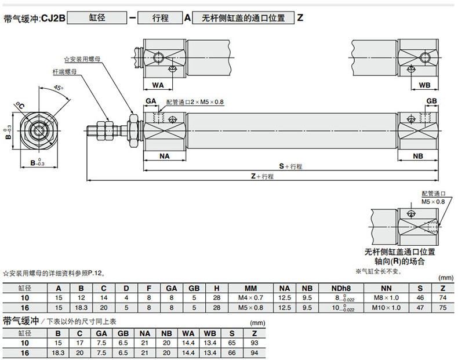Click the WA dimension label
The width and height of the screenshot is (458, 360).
(158, 85)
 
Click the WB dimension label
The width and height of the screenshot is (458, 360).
(424, 85)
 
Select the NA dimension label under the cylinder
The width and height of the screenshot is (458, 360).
(165, 156)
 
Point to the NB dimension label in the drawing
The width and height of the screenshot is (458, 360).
(418, 156)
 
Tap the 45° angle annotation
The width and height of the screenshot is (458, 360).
(58, 88)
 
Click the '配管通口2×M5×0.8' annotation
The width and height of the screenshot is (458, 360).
(194, 102)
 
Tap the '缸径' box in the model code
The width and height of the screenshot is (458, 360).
(97, 18)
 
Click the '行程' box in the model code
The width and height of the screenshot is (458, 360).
(161, 18)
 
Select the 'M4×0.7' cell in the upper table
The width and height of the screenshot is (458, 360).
(251, 297)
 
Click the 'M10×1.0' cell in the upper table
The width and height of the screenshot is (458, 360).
(386, 307)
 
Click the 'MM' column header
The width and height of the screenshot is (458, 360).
(251, 288)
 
